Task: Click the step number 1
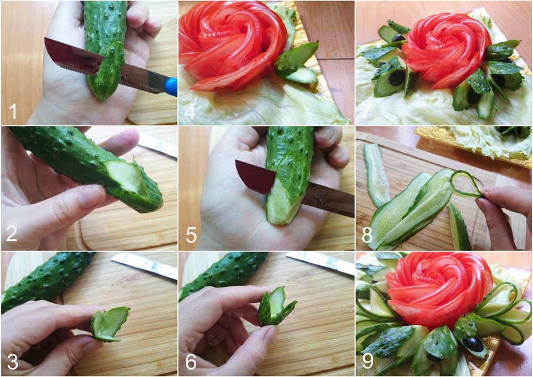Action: pos(13,111)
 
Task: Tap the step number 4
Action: pos(190,111)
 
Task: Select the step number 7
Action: pos(367,111)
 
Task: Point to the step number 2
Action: pos(12,236)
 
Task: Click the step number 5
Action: pos(190,236)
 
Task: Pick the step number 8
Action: pos(367,236)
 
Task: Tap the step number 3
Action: pos(12,362)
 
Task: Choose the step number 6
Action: pos(190,362)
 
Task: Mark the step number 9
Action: pos(367,362)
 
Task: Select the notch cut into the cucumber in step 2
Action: pos(125,179)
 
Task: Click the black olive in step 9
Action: pos(471,342)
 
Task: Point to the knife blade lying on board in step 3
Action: pos(144,265)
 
